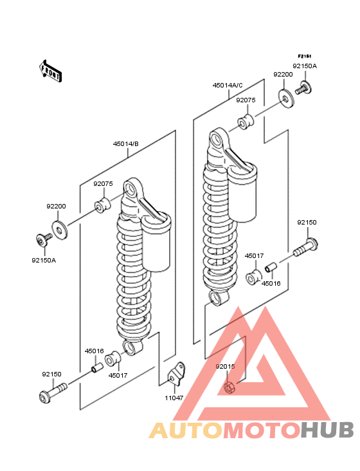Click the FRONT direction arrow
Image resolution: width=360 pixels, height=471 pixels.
pos(50,71)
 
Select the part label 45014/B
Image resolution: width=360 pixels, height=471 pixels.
pos(126,144)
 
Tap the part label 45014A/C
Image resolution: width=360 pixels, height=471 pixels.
pos(228,86)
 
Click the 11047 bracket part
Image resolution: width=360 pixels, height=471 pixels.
pos(176,374)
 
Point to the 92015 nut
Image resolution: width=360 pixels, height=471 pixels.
pos(230,386)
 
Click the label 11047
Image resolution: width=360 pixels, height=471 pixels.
pos(174,398)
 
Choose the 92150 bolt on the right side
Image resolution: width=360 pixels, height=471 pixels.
pos(305,247)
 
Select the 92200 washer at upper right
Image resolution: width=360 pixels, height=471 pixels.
pos(287,98)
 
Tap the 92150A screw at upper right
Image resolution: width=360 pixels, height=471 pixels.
pos(303,88)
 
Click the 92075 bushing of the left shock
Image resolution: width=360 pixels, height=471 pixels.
pos(103,204)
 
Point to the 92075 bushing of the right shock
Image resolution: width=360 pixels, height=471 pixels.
pos(246,121)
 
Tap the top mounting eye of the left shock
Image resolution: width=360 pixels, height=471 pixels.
pos(131,190)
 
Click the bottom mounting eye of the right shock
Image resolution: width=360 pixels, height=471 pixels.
pos(219,298)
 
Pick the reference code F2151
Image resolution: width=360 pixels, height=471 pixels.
pos(305,56)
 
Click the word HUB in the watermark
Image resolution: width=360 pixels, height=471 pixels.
pos(328,430)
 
